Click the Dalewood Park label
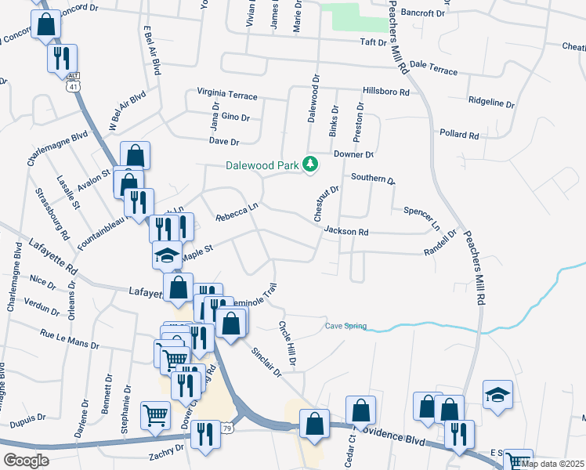pyautogui.click(x=262, y=165)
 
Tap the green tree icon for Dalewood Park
pyautogui.click(x=312, y=164)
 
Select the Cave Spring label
pyautogui.click(x=345, y=326)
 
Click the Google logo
pyautogui.click(x=26, y=460)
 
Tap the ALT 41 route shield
pyautogui.click(x=73, y=82)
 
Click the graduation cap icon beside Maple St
pyautogui.click(x=166, y=255)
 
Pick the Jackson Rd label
pyautogui.click(x=346, y=232)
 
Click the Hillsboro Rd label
pyautogui.click(x=385, y=92)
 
